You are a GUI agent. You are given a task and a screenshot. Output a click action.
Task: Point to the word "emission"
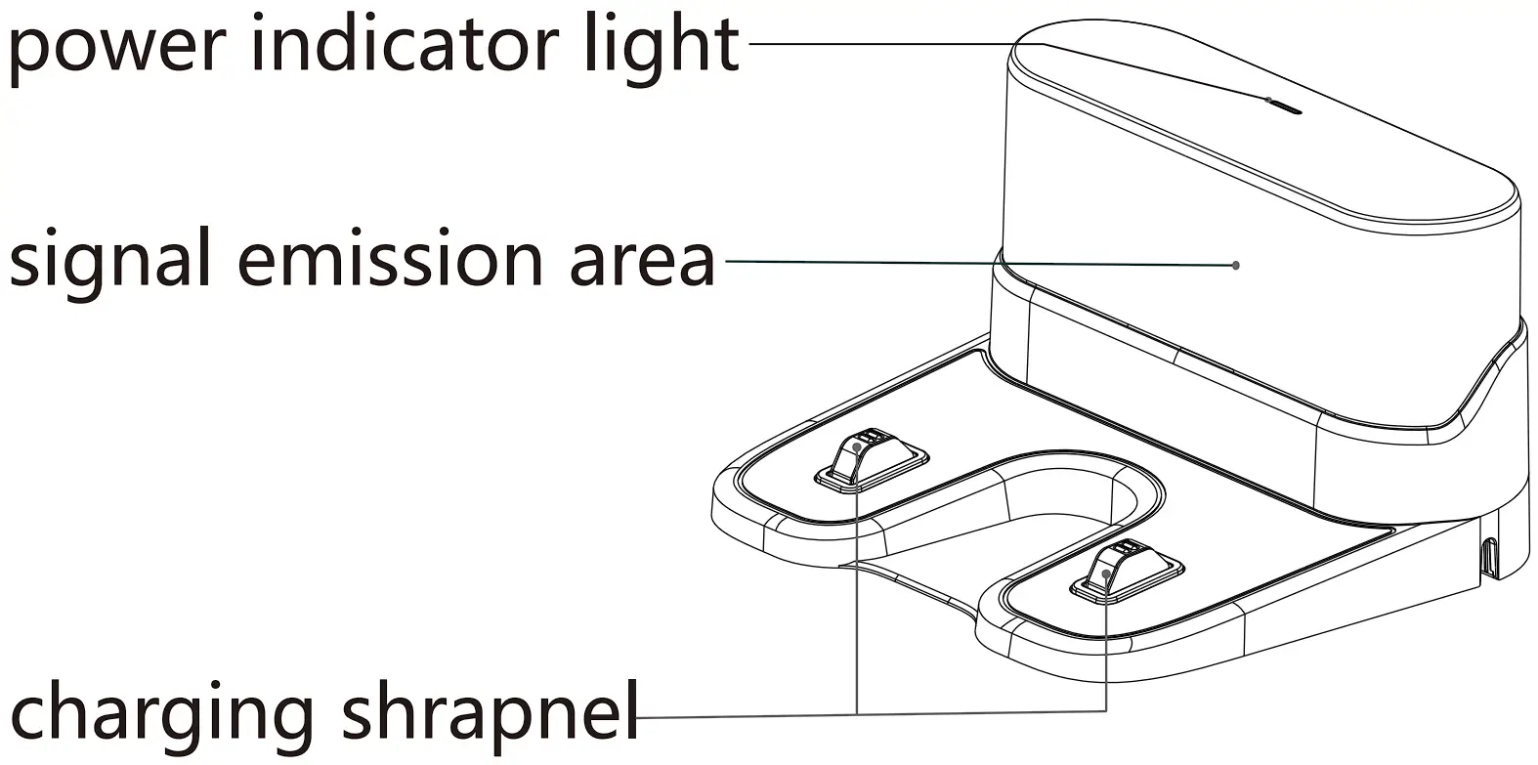pos(391,259)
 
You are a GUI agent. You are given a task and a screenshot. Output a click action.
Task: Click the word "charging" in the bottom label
pos(162,713)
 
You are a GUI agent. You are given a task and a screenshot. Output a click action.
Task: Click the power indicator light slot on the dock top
pos(1284,106)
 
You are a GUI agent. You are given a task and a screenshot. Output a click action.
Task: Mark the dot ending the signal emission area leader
pos(1236,265)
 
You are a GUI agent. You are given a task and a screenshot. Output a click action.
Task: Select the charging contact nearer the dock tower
pos(869,455)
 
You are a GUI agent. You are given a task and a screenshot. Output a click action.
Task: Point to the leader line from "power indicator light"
pos(879,43)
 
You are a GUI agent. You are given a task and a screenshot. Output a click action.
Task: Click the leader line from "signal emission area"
pos(977,263)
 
